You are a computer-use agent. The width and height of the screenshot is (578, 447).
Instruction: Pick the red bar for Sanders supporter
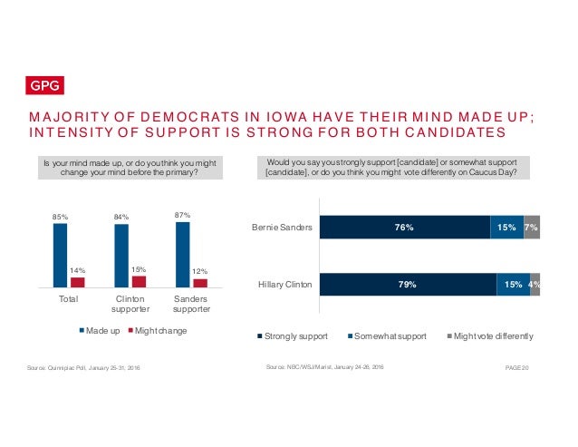click(200, 283)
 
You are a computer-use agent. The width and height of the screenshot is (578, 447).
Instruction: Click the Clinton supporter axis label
click(130, 304)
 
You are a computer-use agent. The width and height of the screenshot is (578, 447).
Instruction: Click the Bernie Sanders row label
click(284, 228)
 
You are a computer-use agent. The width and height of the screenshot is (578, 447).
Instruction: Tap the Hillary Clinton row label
click(284, 284)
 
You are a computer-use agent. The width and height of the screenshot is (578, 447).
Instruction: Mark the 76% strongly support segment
click(404, 228)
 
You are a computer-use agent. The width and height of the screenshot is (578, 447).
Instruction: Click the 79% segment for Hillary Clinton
click(408, 284)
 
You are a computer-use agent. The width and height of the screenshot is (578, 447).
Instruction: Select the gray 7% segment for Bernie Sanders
click(532, 228)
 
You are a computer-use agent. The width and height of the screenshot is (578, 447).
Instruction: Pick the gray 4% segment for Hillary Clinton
click(535, 284)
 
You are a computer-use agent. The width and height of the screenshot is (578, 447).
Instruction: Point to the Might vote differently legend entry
click(488, 336)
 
